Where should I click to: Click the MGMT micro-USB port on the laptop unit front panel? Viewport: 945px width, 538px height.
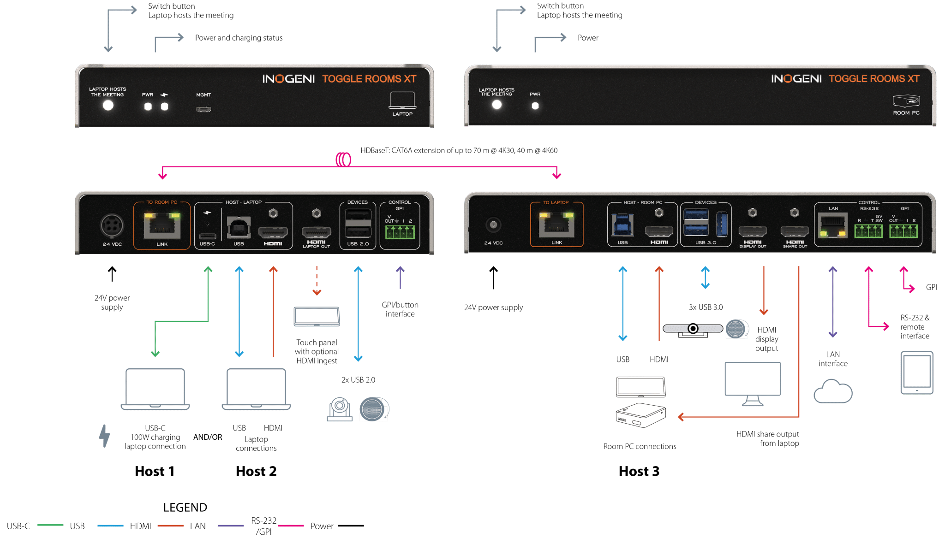tap(203, 109)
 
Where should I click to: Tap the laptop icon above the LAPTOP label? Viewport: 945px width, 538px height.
tap(402, 100)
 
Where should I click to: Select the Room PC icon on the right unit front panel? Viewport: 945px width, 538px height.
tap(906, 101)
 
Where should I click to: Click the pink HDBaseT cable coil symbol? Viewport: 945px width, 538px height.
tap(343, 160)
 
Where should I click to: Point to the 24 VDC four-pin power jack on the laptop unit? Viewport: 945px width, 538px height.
tap(112, 226)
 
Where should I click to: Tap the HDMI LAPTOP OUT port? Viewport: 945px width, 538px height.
tap(316, 232)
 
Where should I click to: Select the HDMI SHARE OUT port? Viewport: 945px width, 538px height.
tap(795, 231)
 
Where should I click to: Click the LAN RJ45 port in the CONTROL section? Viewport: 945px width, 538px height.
tap(833, 226)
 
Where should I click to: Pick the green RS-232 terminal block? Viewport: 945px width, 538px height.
tap(868, 231)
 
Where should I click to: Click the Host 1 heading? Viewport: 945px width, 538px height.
tap(154, 471)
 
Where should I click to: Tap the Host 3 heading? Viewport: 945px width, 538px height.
tap(639, 471)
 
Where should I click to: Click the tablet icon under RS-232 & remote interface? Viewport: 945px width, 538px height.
tap(917, 372)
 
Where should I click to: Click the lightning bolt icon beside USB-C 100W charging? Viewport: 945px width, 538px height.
tap(105, 436)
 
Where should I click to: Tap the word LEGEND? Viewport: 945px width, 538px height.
tap(185, 508)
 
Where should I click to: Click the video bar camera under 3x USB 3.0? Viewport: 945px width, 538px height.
tap(693, 329)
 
